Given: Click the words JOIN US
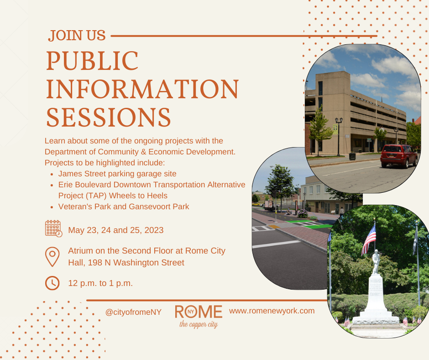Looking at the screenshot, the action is (x=77, y=36).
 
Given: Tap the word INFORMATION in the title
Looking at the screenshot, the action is (x=142, y=89).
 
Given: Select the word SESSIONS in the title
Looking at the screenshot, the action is (x=109, y=117).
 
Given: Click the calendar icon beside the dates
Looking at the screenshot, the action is (x=54, y=228).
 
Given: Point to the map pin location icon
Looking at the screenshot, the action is (x=52, y=257).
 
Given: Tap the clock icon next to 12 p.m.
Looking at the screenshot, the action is (x=52, y=283).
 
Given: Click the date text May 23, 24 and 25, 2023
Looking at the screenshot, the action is (x=116, y=230).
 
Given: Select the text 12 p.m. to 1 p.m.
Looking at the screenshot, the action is (x=100, y=283).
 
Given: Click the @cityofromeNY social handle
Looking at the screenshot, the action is (x=133, y=312).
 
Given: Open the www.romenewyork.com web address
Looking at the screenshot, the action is (x=272, y=311).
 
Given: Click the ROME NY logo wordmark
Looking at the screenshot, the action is (x=199, y=312).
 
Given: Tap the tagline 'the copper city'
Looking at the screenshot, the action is (x=199, y=324).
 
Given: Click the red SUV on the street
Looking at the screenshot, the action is (x=398, y=156).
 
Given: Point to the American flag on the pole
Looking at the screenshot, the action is (x=369, y=239).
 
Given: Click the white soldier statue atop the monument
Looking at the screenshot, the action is (x=376, y=262).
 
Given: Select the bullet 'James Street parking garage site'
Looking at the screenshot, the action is (x=117, y=174).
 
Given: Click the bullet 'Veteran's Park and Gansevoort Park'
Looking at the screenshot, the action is (x=124, y=206).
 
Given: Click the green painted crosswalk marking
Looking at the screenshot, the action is (x=317, y=226).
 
